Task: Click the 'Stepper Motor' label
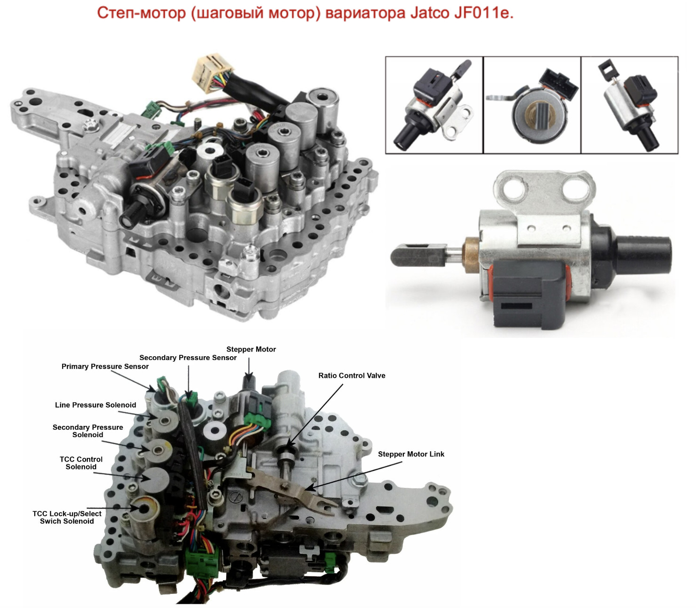(251, 349)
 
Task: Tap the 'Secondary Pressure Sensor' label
(188, 358)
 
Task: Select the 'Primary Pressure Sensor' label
(105, 367)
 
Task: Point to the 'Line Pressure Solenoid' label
(95, 405)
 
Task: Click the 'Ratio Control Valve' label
(352, 376)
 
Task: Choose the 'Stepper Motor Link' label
(411, 454)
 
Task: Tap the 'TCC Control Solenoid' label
(81, 463)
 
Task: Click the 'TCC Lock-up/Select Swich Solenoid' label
(67, 518)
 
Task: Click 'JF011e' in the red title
(483, 13)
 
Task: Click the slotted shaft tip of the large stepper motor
(419, 255)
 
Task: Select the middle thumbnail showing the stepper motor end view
(532, 105)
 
